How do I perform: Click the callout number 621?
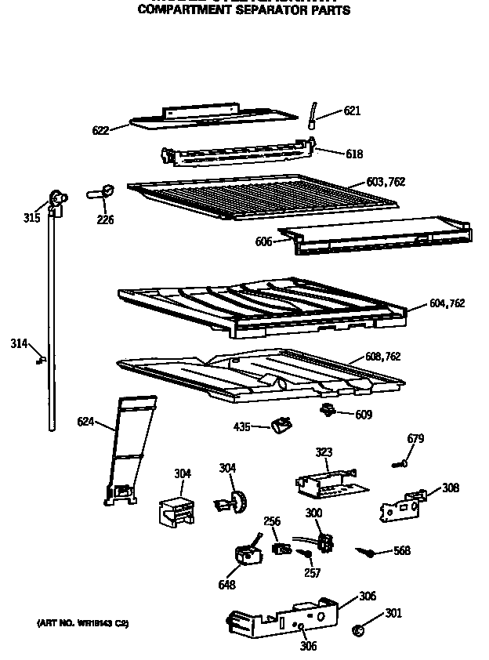352,111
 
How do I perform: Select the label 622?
100,130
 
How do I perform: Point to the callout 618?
354,154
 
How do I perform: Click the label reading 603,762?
386,182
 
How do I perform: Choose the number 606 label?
263,242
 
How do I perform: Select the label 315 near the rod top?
31,217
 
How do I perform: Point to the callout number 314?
20,343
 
